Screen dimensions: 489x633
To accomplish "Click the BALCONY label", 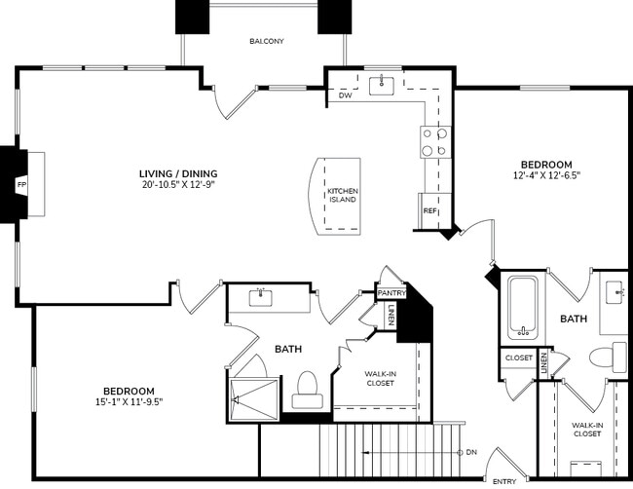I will pos(266,41).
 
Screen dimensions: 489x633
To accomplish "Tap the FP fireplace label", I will pos(19,183).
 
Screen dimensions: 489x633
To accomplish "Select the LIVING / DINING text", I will pos(177,173).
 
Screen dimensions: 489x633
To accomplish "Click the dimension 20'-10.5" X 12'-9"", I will pos(177,184).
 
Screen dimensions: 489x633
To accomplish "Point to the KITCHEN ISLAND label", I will pos(342,195).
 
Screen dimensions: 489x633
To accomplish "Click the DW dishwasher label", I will pos(345,95).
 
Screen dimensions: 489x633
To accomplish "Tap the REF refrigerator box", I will pos(428,210).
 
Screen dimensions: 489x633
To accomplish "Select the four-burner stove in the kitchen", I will pos(433,142).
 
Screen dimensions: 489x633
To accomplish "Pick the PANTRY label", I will pos(391,291).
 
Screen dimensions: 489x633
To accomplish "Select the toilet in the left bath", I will pos(307,388).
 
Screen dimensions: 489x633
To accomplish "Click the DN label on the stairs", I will pos(471,452).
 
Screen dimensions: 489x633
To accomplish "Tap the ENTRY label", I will pos(504,481).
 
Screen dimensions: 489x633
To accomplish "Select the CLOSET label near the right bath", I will pos(518,357).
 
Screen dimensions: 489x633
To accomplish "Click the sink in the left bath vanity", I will pos(260,298).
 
